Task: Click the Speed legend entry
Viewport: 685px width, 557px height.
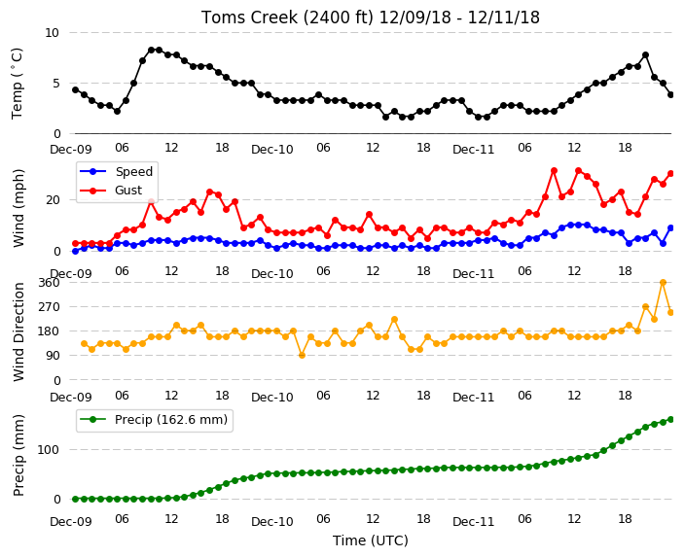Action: (x=116, y=171)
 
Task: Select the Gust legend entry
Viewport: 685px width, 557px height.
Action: (x=111, y=191)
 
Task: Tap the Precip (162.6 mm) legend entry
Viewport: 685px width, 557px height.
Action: (x=154, y=420)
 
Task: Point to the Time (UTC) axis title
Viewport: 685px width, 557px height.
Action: (x=371, y=540)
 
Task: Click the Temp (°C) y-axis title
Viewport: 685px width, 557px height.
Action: (x=17, y=84)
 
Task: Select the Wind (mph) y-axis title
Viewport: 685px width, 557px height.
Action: (x=18, y=208)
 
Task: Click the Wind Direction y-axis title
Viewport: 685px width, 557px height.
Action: (x=18, y=331)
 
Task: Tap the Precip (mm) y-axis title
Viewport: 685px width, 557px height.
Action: (x=18, y=455)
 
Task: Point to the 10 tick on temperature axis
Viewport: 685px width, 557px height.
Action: (x=52, y=33)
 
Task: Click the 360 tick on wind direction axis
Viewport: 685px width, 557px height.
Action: (x=49, y=283)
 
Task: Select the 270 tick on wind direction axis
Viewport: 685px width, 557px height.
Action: (x=49, y=307)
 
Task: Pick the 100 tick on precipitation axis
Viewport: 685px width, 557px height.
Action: (x=48, y=450)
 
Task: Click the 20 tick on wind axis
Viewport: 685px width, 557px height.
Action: (x=53, y=200)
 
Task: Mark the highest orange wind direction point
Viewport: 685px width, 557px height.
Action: (x=663, y=283)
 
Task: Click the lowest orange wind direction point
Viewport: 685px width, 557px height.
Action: (x=302, y=356)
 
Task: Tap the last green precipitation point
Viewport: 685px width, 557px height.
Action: (x=671, y=420)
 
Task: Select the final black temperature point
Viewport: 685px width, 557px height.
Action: (x=671, y=94)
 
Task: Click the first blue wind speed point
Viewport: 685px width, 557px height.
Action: (x=76, y=251)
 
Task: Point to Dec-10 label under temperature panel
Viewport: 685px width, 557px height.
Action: (x=272, y=150)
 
